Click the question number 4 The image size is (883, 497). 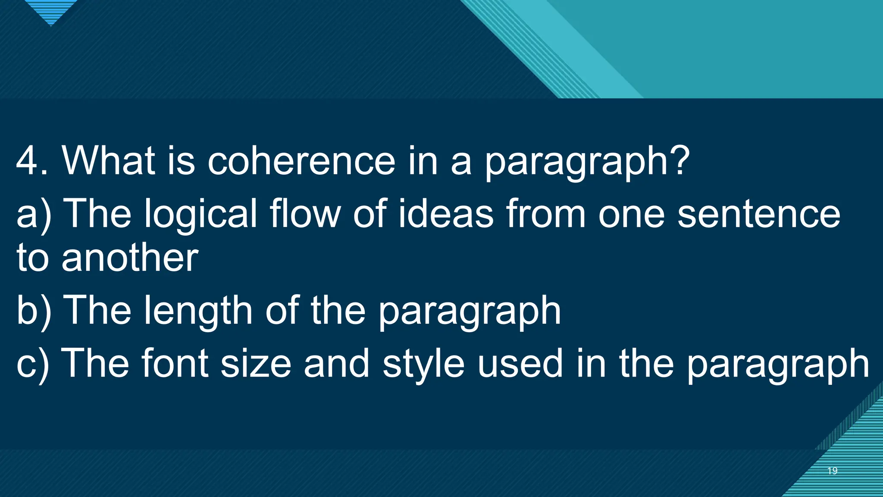[x=27, y=160]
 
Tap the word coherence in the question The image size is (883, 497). [x=301, y=160]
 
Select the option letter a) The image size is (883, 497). [x=34, y=214]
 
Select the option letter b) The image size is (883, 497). [x=34, y=311]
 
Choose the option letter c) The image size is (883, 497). [x=33, y=364]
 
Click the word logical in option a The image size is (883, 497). [x=200, y=214]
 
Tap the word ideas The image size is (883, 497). [x=445, y=214]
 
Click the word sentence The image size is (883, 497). [x=758, y=214]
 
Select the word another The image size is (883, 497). [x=130, y=258]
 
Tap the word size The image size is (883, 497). [x=256, y=364]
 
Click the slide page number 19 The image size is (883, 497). [x=832, y=471]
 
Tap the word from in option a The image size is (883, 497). [x=546, y=214]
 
